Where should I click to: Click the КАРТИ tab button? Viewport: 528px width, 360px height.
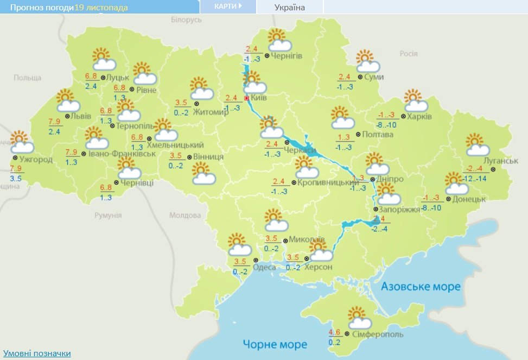227,7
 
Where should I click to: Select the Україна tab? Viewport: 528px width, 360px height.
290,7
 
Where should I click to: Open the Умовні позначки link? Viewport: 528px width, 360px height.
37,353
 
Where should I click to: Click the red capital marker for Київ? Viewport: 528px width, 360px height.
247,98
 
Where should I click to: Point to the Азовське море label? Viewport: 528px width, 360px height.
421,286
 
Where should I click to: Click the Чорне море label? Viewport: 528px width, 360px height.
275,344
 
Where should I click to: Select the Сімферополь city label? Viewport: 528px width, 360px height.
378,334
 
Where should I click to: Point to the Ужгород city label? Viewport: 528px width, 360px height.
36,159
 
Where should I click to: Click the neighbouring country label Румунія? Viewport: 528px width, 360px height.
108,215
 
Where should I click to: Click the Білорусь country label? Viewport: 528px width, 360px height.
186,20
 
